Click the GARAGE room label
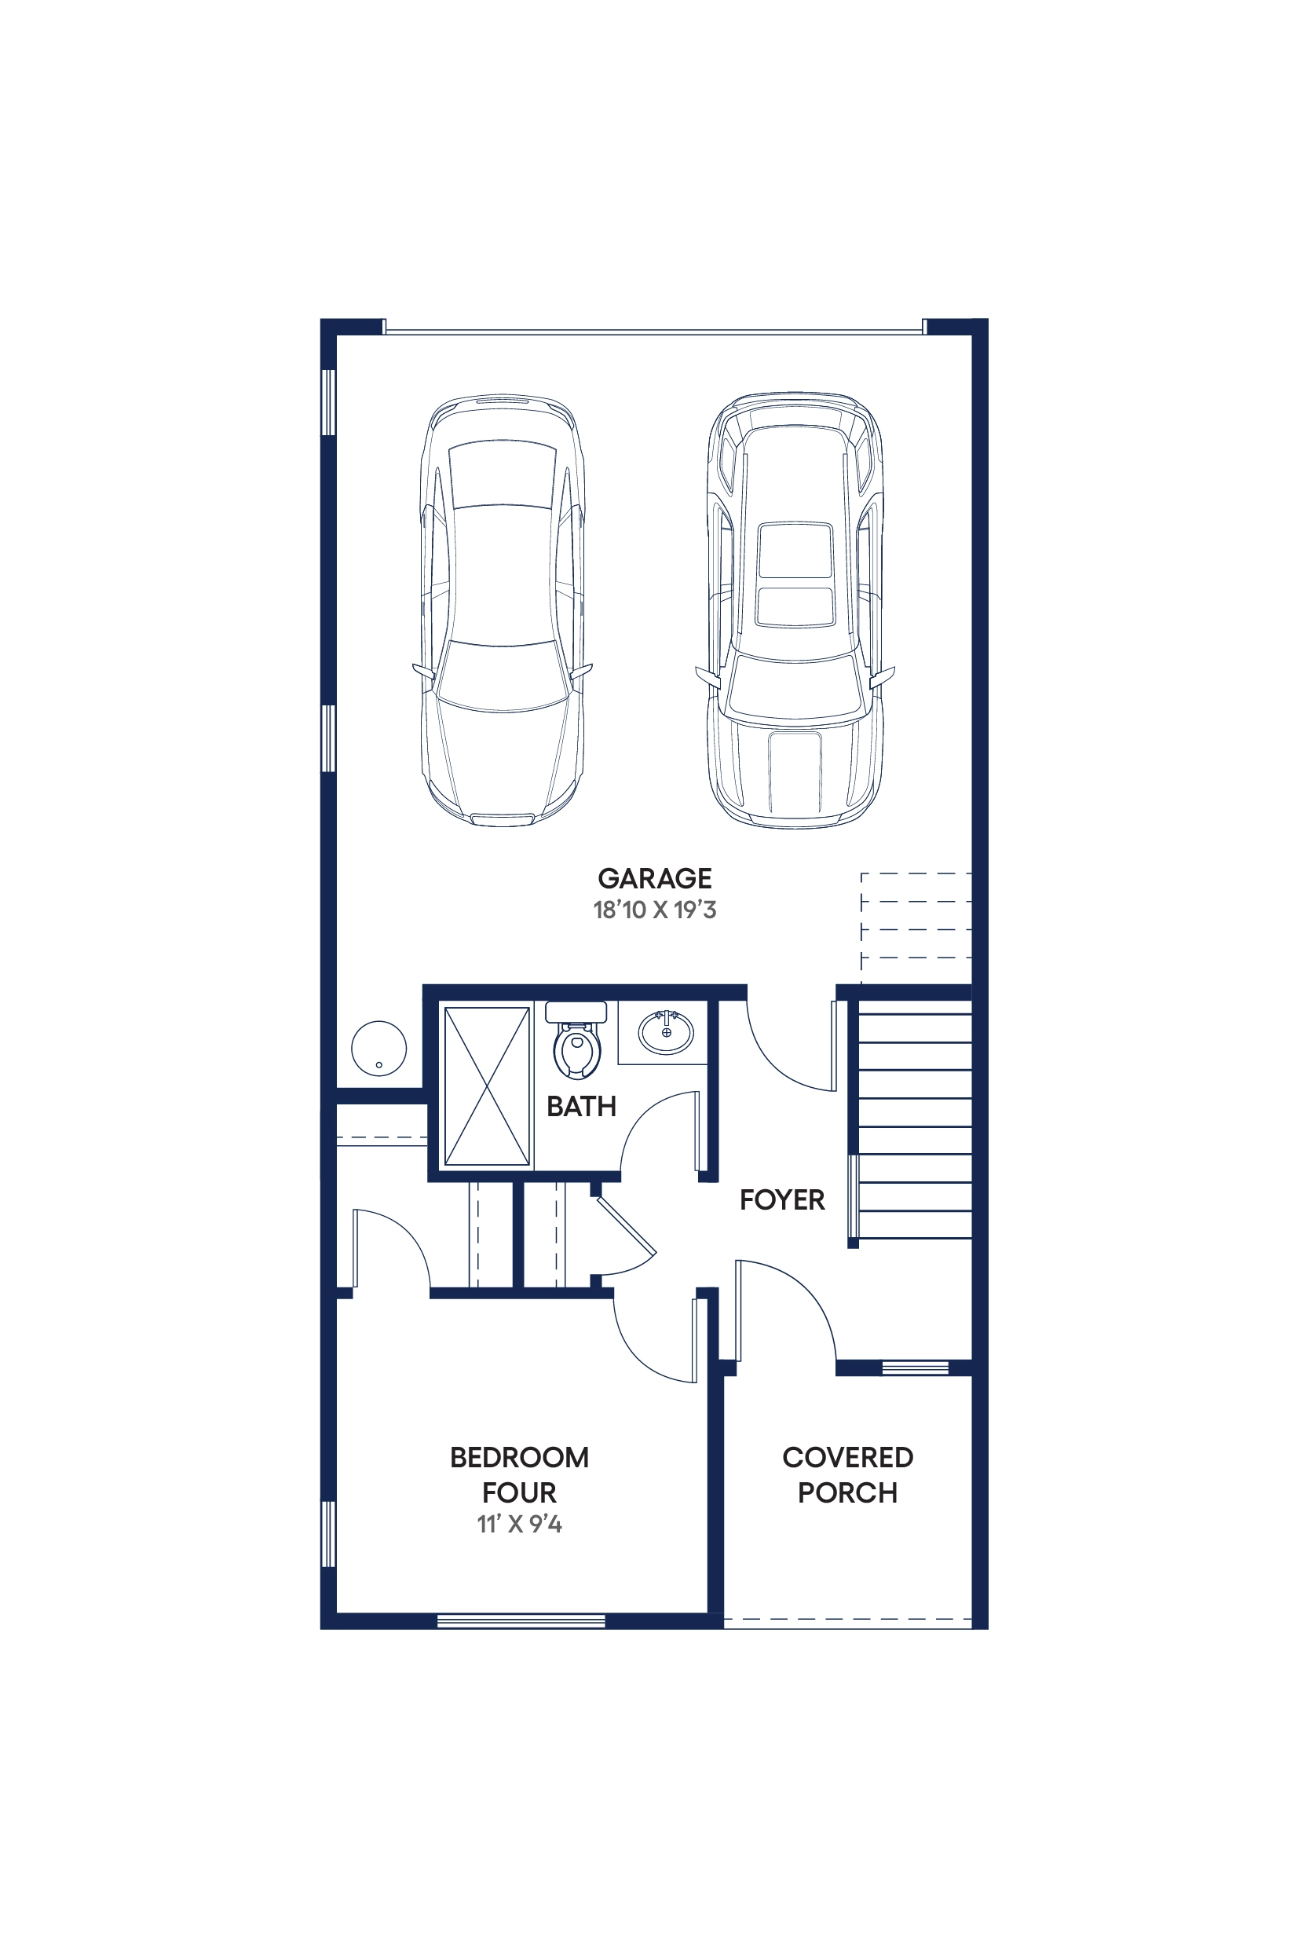tap(655, 878)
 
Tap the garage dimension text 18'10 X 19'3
tap(655, 910)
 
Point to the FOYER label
tap(781, 1200)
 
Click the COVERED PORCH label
tap(847, 1474)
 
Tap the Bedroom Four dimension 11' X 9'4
tap(519, 1524)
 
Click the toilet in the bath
tap(576, 1041)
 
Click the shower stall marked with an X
tap(487, 1086)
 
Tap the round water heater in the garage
tap(379, 1048)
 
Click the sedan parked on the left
tap(503, 610)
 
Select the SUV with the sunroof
tap(795, 610)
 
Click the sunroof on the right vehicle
tap(795, 574)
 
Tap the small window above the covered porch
tap(915, 1368)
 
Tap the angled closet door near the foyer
tap(626, 1225)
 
